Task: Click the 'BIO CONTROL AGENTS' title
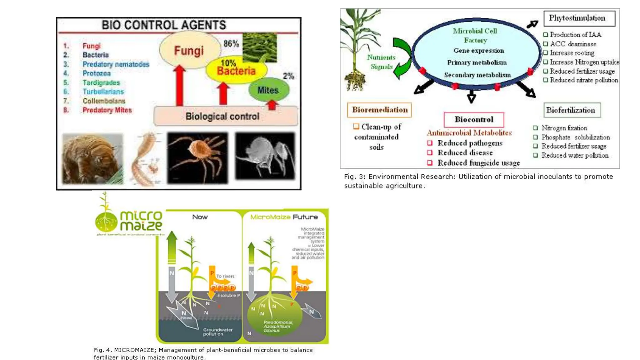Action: pyautogui.click(x=164, y=25)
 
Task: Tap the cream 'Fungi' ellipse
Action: pyautogui.click(x=189, y=50)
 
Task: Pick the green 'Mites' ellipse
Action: pyautogui.click(x=268, y=90)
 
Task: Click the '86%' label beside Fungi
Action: pyautogui.click(x=231, y=44)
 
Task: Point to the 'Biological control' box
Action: pyautogui.click(x=222, y=117)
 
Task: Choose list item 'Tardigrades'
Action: pyautogui.click(x=101, y=83)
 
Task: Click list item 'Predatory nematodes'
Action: pyautogui.click(x=116, y=64)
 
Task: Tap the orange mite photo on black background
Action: pyautogui.click(x=197, y=158)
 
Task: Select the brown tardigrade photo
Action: pyautogui.click(x=92, y=158)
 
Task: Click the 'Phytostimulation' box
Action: pyautogui.click(x=579, y=18)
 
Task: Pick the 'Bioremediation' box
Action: pyautogui.click(x=379, y=110)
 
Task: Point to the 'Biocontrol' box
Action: pyautogui.click(x=474, y=119)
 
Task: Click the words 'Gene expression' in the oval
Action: pyautogui.click(x=478, y=51)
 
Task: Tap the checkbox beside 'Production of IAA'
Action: pyautogui.click(x=546, y=35)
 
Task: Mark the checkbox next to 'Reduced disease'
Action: pyautogui.click(x=430, y=153)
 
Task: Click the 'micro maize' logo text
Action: pyautogui.click(x=141, y=221)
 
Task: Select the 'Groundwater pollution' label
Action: pyautogui.click(x=217, y=332)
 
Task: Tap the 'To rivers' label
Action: pyautogui.click(x=225, y=276)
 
